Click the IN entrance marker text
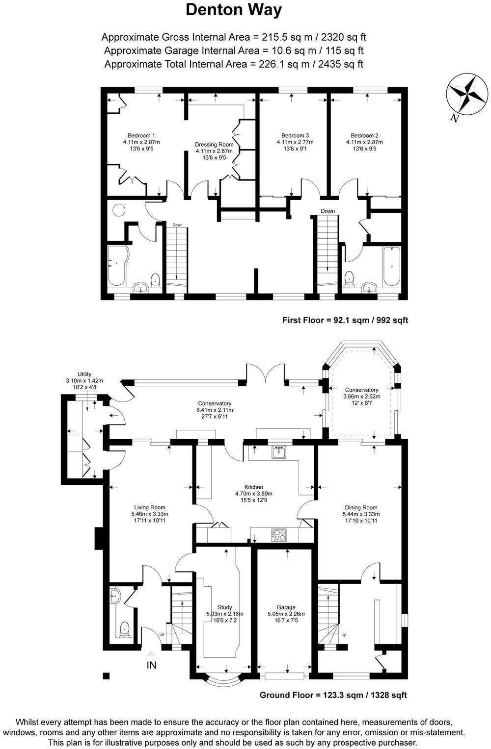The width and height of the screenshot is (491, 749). tap(152, 665)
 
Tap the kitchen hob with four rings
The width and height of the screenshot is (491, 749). tap(279, 535)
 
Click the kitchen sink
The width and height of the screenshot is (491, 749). tap(279, 452)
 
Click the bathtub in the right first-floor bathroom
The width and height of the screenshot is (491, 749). tap(392, 267)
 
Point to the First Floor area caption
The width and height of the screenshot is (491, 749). tap(345, 320)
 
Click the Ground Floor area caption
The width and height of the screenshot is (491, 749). tap(333, 695)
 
